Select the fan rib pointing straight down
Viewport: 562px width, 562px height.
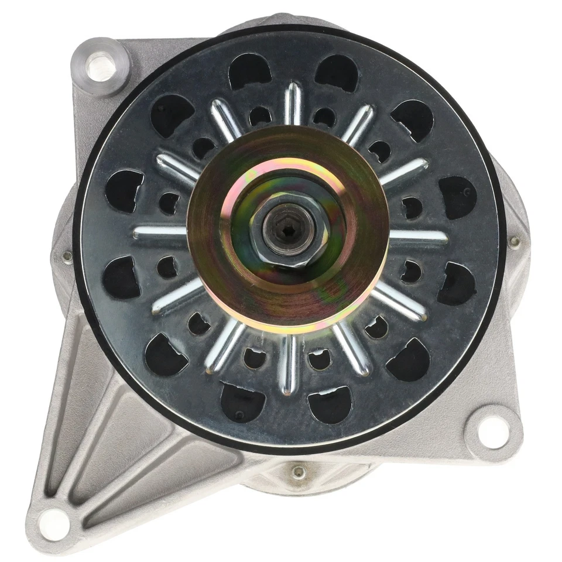(288, 363)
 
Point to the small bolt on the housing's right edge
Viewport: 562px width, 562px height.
(515, 240)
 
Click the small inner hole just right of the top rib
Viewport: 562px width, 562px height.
(324, 116)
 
